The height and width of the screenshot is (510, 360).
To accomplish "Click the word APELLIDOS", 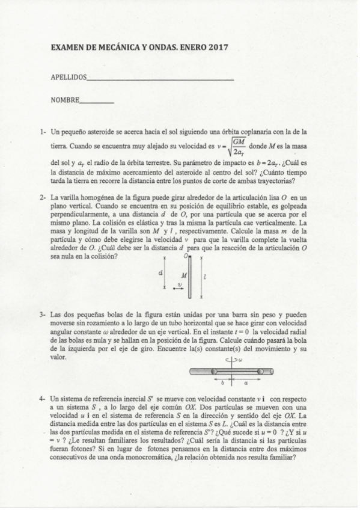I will point(69,78).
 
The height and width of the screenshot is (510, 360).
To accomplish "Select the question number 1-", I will point(43,131).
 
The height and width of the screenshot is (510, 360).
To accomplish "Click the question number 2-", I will point(43,197).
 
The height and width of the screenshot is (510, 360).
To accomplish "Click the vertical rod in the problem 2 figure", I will point(189,277).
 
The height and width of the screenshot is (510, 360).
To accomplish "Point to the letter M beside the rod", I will point(183,275).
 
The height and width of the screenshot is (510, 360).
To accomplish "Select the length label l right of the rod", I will point(206,277).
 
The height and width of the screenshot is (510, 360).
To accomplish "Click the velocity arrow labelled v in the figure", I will point(178,288).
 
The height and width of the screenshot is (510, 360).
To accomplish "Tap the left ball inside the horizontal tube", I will point(215,372).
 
